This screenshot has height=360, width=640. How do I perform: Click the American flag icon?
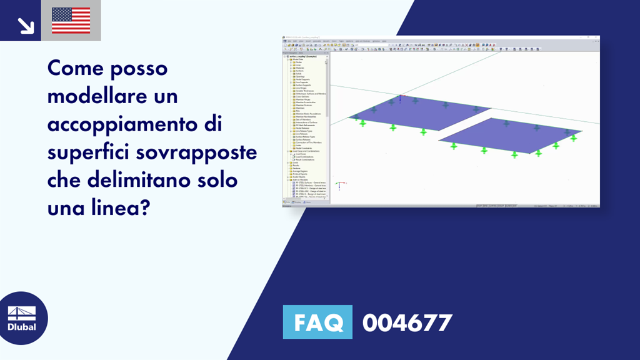coord(71,21)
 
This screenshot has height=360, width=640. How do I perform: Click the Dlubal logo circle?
coord(21,318)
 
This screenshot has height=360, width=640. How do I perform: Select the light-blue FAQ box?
coord(317,322)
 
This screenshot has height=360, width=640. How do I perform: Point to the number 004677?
coord(407,322)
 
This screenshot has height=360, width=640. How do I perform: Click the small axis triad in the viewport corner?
coord(338,185)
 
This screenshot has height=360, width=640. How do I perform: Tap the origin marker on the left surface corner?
coord(401,97)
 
